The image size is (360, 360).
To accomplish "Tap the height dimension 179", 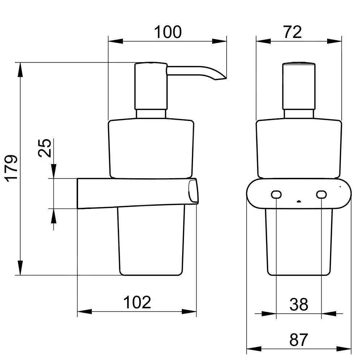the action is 12,169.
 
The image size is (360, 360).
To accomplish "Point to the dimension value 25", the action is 44,148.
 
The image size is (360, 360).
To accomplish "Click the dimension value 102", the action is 137,302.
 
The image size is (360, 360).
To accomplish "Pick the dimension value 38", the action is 299,304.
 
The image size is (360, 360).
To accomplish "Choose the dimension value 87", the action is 299,340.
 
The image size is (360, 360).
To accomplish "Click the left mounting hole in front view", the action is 276,194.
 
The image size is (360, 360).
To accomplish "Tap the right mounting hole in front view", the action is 321,194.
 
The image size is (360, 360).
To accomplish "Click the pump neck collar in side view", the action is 151,114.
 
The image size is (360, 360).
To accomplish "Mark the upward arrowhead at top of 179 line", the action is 21,70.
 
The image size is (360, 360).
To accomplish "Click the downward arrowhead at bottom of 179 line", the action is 21,267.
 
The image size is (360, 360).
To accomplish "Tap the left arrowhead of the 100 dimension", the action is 116,41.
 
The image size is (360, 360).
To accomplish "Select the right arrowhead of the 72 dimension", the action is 334,41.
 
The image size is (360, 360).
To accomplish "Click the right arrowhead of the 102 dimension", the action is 189,312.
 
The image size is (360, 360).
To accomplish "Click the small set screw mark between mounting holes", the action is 299,201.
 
